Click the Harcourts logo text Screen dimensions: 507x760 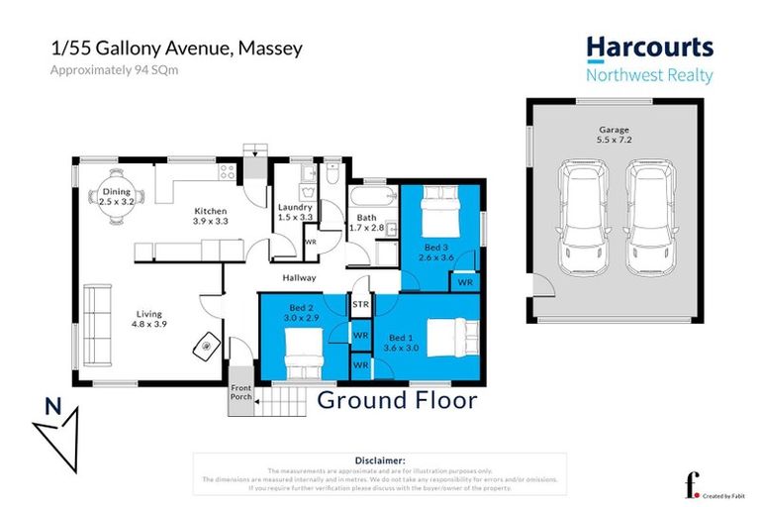point(649,48)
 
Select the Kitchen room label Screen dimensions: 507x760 point(210,211)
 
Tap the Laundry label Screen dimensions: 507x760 point(295,207)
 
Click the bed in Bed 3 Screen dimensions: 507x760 point(434,210)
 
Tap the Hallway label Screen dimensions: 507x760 point(299,278)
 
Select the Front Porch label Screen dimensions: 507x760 point(241,393)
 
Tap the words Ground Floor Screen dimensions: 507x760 point(396,400)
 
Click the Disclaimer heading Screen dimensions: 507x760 point(379,460)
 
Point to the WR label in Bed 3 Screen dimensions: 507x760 point(464,282)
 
